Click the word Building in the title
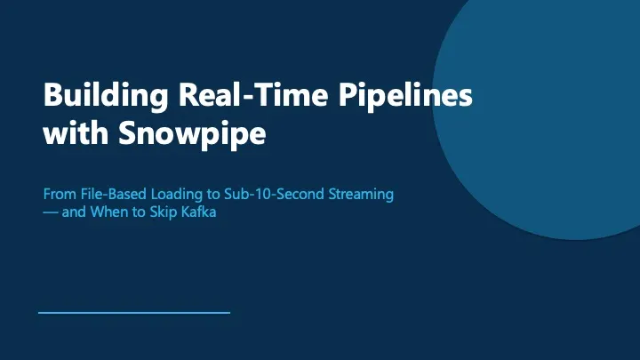106,96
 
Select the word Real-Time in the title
253,94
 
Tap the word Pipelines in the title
405,96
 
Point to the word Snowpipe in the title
192,133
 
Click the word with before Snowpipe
76,132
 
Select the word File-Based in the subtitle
114,194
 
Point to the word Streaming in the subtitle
361,195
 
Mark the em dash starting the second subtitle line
51,212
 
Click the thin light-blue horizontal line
134,313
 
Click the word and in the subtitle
74,212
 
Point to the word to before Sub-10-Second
214,195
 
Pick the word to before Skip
139,212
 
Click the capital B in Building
52,95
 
